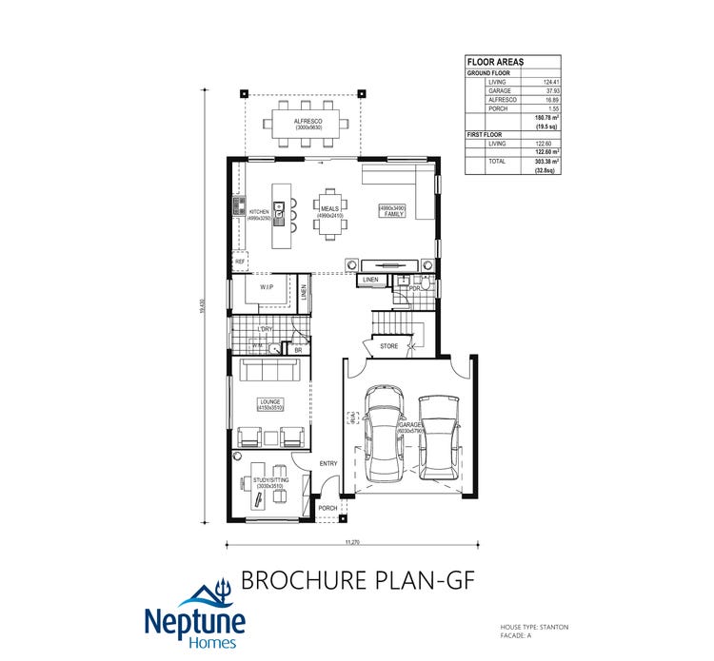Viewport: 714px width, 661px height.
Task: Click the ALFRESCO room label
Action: (x=307, y=122)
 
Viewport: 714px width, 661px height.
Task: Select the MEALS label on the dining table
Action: (x=329, y=208)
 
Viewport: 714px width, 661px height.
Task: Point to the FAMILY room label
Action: (x=394, y=215)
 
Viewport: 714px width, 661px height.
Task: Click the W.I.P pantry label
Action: (x=268, y=285)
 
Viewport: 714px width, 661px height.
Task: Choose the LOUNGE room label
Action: (x=270, y=402)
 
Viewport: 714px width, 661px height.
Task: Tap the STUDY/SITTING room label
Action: (x=270, y=480)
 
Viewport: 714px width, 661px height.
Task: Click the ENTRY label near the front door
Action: (x=328, y=463)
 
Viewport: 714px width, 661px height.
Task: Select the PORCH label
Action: (x=328, y=509)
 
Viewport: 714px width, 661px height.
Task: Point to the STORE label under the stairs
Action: (x=388, y=346)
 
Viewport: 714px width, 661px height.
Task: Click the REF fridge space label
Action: (x=240, y=261)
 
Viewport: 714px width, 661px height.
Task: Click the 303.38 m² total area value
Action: (x=546, y=163)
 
